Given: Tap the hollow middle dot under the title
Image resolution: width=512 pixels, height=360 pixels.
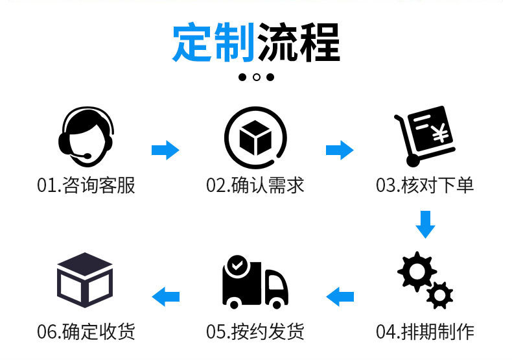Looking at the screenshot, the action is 257,77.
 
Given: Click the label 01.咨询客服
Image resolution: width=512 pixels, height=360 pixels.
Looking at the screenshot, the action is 86,186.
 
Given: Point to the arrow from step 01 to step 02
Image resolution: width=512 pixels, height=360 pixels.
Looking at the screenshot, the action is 165,150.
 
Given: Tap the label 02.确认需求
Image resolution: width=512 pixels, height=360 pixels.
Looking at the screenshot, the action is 255,186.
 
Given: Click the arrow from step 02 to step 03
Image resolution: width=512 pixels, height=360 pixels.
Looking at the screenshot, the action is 339,150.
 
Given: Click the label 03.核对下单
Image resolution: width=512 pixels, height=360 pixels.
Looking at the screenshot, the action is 425,186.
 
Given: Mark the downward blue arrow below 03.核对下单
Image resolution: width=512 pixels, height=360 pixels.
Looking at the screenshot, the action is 425,222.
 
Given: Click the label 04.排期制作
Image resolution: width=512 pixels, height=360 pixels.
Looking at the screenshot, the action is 425,332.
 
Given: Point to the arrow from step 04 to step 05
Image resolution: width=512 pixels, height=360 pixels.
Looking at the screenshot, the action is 340,297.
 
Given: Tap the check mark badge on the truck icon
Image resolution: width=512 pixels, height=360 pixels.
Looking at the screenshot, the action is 238,265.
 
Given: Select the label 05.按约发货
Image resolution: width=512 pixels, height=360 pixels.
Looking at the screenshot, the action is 255,332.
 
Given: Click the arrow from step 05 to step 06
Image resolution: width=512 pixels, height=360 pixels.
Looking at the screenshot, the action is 166,297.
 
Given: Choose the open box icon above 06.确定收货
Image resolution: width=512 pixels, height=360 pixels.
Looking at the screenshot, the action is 86,280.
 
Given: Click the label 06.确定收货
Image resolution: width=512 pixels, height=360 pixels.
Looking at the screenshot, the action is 86,332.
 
